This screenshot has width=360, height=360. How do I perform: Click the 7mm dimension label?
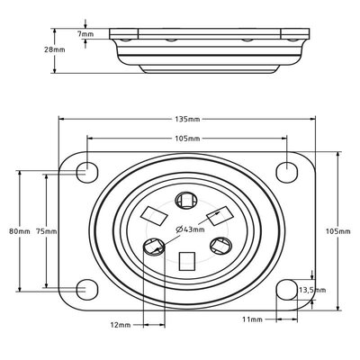85,33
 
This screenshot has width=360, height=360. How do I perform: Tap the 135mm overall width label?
188,119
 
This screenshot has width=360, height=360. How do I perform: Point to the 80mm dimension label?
19,230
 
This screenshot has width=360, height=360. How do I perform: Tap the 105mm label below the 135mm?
188,138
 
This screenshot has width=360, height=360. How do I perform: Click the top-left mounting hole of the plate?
85,170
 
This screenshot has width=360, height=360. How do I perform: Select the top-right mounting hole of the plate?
288,170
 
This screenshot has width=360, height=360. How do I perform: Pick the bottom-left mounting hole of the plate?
85,289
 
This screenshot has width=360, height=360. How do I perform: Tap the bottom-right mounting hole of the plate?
288,289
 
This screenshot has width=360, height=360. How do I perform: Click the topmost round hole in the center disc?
187,200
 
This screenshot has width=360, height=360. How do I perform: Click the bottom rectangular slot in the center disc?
187,261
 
